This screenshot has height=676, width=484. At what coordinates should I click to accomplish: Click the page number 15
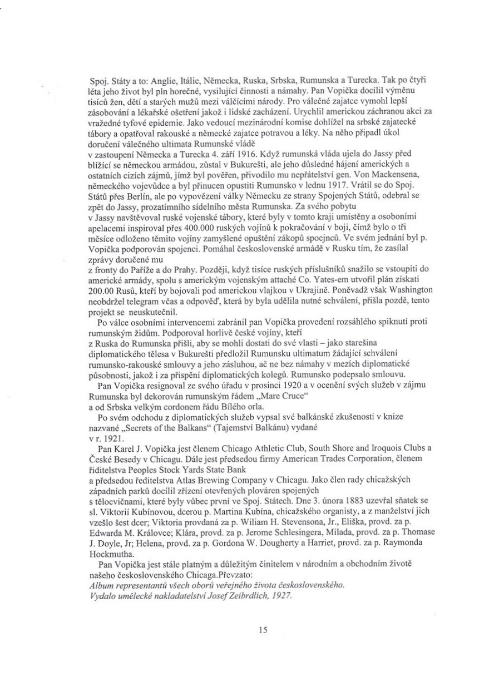pyautogui.click(x=264, y=630)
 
